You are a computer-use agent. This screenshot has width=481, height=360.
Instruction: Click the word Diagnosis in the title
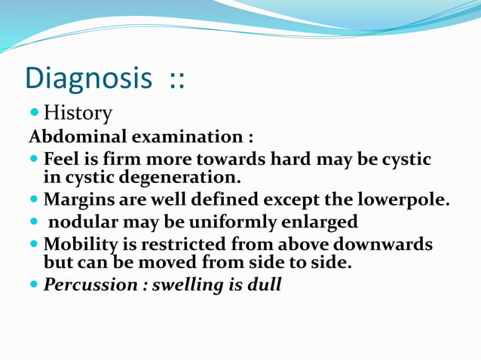point(88,78)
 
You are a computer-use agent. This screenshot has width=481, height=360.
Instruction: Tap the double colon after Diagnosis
point(176,78)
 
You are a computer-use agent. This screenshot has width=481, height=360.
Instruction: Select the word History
point(78,114)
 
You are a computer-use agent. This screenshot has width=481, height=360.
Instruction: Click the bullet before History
point(34,113)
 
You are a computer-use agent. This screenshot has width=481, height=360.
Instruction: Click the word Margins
point(77,200)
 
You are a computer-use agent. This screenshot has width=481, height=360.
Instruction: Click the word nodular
point(83,223)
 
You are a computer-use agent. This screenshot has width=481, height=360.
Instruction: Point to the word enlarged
point(317,223)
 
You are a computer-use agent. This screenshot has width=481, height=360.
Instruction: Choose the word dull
point(265,286)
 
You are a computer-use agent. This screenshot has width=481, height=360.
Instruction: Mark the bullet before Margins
point(34,200)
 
